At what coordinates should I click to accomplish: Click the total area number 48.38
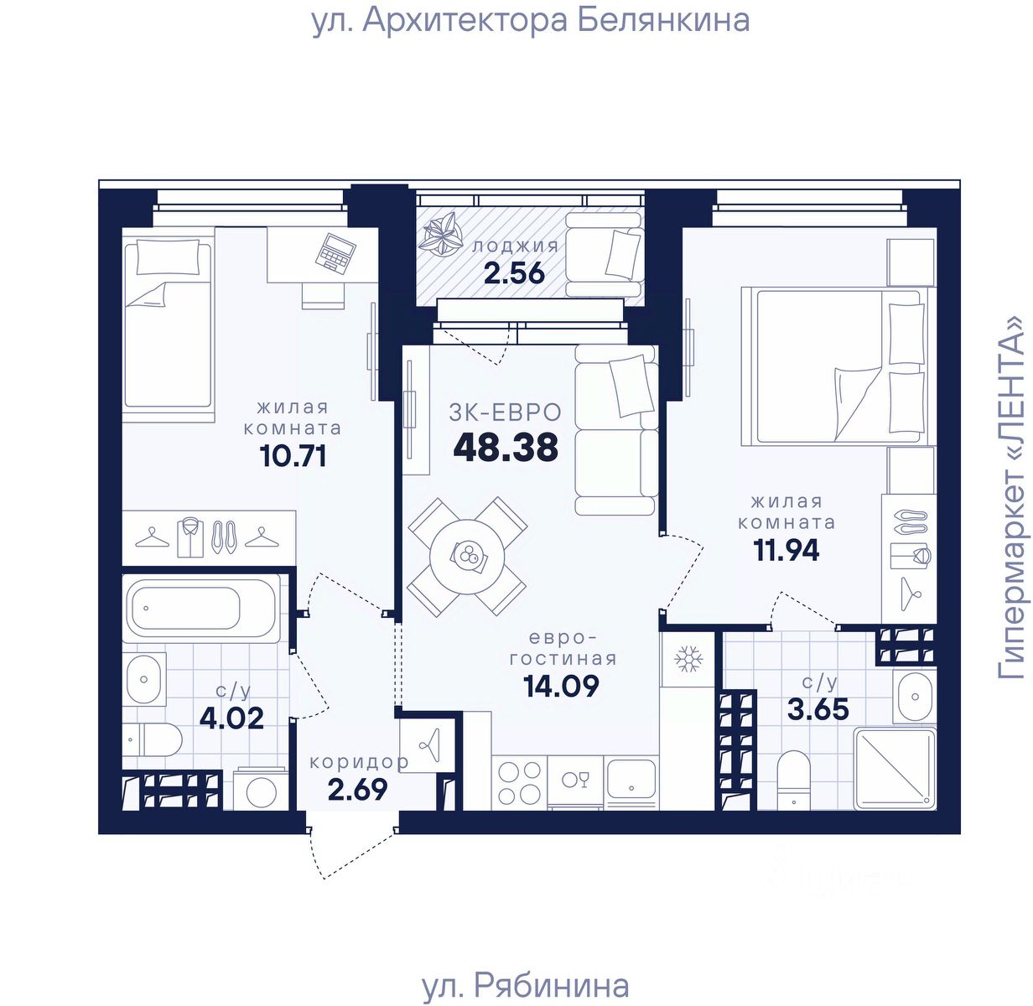tap(506, 447)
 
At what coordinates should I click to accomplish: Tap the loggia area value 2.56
tap(514, 273)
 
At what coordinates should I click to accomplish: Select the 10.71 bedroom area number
tap(293, 455)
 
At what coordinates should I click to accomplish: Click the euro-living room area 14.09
tap(561, 686)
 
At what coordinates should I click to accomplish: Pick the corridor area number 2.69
tap(357, 789)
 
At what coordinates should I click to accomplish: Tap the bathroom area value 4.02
tap(231, 718)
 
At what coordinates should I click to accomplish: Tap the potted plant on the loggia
tap(440, 232)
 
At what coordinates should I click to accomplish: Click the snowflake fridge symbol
tap(688, 659)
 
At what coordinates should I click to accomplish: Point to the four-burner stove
tap(519, 782)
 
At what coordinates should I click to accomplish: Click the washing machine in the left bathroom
tap(261, 788)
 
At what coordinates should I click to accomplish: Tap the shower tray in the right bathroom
tap(895, 769)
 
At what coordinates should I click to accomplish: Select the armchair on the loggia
tap(604, 254)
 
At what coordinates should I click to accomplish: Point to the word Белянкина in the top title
tap(663, 20)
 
